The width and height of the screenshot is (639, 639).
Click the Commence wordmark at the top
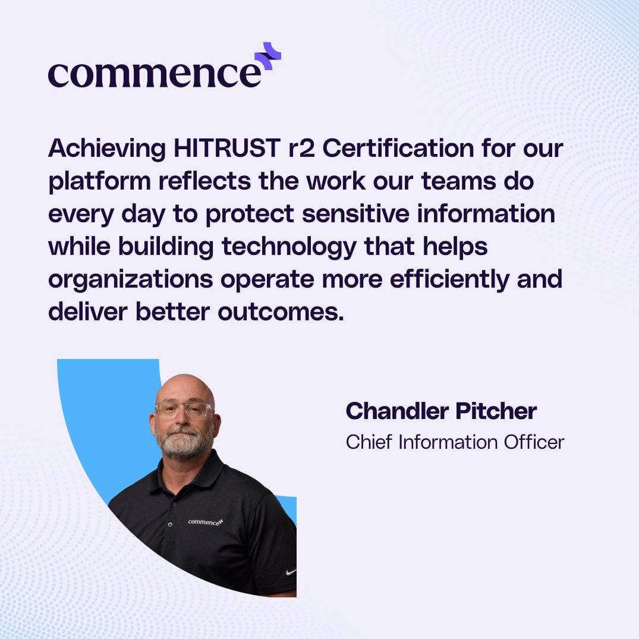coord(155,74)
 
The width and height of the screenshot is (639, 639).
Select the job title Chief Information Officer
coord(455,442)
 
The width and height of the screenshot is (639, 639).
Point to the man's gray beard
coord(184,443)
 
